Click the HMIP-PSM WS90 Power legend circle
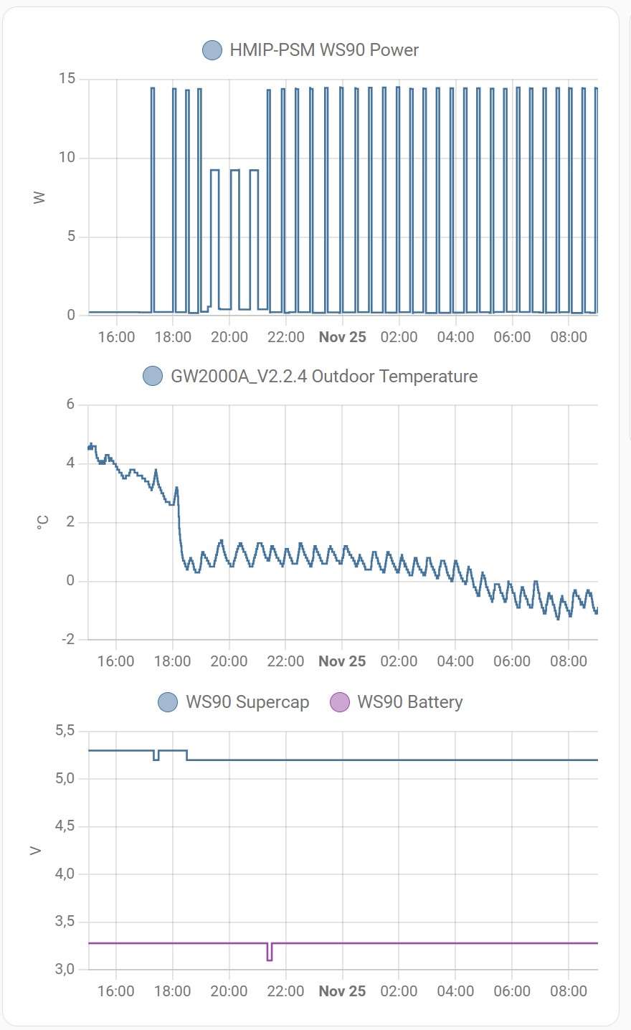(212, 50)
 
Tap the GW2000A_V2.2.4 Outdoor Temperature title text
(323, 377)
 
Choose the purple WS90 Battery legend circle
(339, 702)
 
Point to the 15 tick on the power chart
(67, 78)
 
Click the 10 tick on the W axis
(67, 157)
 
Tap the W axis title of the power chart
(39, 197)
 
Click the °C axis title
(42, 523)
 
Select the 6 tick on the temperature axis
(70, 405)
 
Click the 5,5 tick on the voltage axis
(65, 731)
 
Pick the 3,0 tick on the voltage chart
(65, 969)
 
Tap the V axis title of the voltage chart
(36, 851)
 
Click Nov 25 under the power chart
(342, 337)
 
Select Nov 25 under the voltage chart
(342, 991)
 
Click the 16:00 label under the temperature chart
(115, 661)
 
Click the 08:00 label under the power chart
(568, 337)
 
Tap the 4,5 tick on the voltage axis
(65, 826)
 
